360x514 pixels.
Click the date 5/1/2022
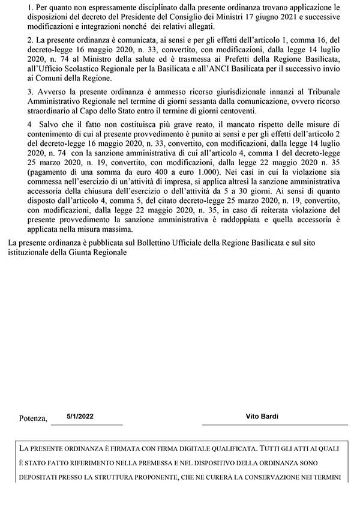tap(80, 416)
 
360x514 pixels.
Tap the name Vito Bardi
tap(262, 416)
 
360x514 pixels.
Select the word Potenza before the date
tap(34, 419)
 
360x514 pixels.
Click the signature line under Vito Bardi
tap(274, 425)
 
